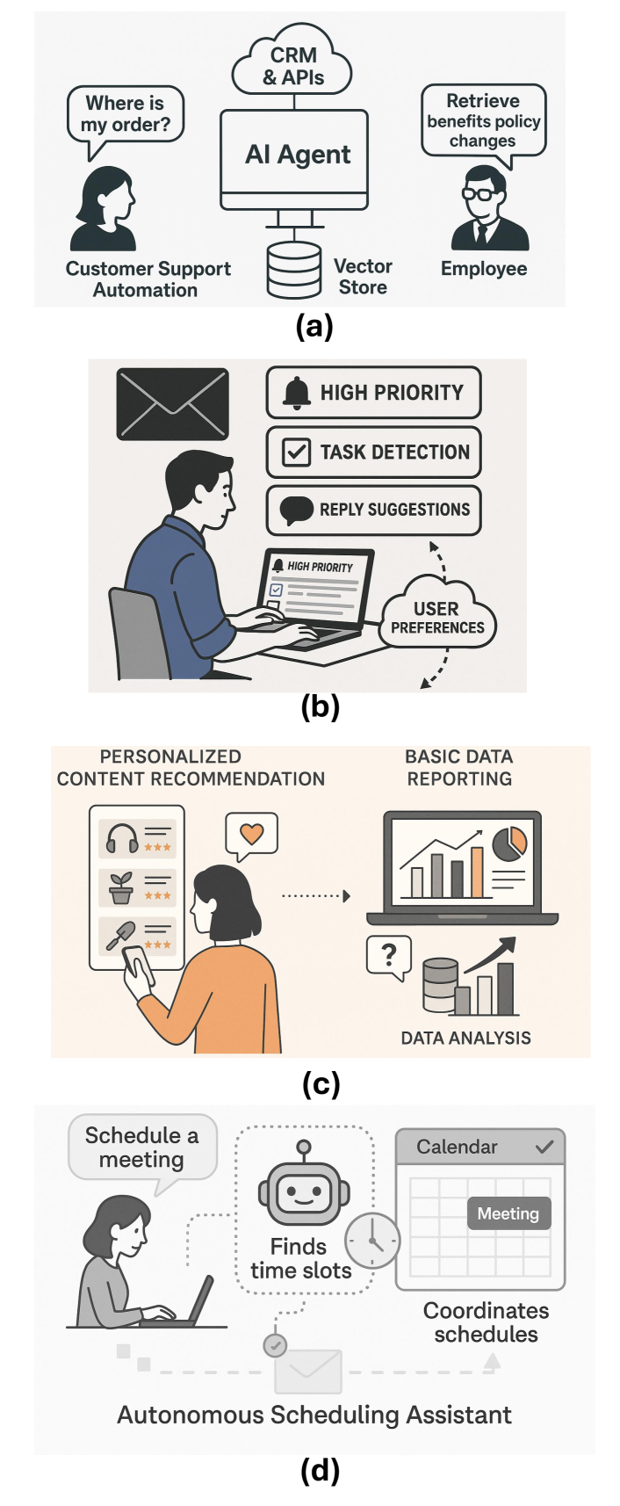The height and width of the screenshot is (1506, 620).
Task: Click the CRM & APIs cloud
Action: (x=292, y=66)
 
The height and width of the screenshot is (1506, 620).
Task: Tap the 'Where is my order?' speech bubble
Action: (x=126, y=114)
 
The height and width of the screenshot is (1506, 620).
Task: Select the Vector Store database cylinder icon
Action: (x=294, y=271)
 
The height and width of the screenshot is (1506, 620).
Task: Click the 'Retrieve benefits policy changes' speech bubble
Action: (x=483, y=120)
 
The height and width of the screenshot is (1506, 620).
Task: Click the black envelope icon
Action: (x=172, y=404)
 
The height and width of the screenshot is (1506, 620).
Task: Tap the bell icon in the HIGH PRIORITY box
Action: (x=297, y=393)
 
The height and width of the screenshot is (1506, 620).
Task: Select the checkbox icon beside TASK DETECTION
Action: (x=295, y=452)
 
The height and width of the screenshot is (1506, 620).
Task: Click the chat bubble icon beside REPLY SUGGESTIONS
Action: (x=296, y=510)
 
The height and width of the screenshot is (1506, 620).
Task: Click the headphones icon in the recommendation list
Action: (x=122, y=838)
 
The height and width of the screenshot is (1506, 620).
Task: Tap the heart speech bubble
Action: (x=252, y=834)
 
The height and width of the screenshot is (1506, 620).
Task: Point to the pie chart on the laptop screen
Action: (x=509, y=842)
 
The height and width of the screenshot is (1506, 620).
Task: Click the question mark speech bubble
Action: (x=389, y=955)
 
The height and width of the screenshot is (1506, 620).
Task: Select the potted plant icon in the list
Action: (x=121, y=887)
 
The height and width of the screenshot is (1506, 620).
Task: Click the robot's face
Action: (x=303, y=1192)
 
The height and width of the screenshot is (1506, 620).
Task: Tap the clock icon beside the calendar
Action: (x=371, y=1240)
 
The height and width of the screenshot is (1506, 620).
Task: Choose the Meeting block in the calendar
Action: (x=508, y=1213)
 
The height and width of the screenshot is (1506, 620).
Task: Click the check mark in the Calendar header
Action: (x=544, y=1147)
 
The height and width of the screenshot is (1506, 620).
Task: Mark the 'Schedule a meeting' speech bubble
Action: (x=142, y=1148)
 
